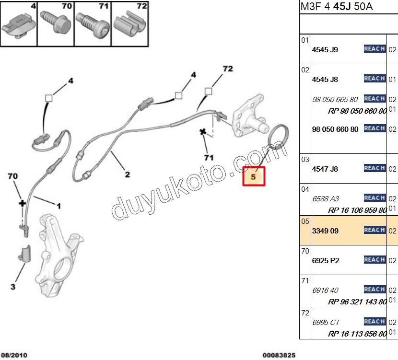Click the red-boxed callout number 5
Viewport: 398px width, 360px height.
(x=253, y=176)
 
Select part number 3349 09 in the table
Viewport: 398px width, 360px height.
(x=325, y=231)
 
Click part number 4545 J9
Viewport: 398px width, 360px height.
(x=325, y=50)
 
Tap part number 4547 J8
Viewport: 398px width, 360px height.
(x=325, y=169)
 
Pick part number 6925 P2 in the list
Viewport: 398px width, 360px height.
(x=326, y=261)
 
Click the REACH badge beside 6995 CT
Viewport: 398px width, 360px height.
(x=375, y=322)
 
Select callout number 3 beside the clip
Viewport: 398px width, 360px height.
(x=13, y=287)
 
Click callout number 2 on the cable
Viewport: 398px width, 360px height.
(x=128, y=174)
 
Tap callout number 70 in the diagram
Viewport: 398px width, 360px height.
(x=12, y=176)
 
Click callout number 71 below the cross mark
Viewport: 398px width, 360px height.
(x=209, y=158)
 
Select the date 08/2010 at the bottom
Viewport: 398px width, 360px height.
(x=14, y=355)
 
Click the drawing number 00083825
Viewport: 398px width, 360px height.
(x=279, y=355)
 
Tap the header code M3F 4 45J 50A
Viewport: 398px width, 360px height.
(x=337, y=6)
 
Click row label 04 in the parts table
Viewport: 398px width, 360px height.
(x=305, y=189)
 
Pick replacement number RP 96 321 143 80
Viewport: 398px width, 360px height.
(x=357, y=302)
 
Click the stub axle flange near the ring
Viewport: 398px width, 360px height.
(x=250, y=116)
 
